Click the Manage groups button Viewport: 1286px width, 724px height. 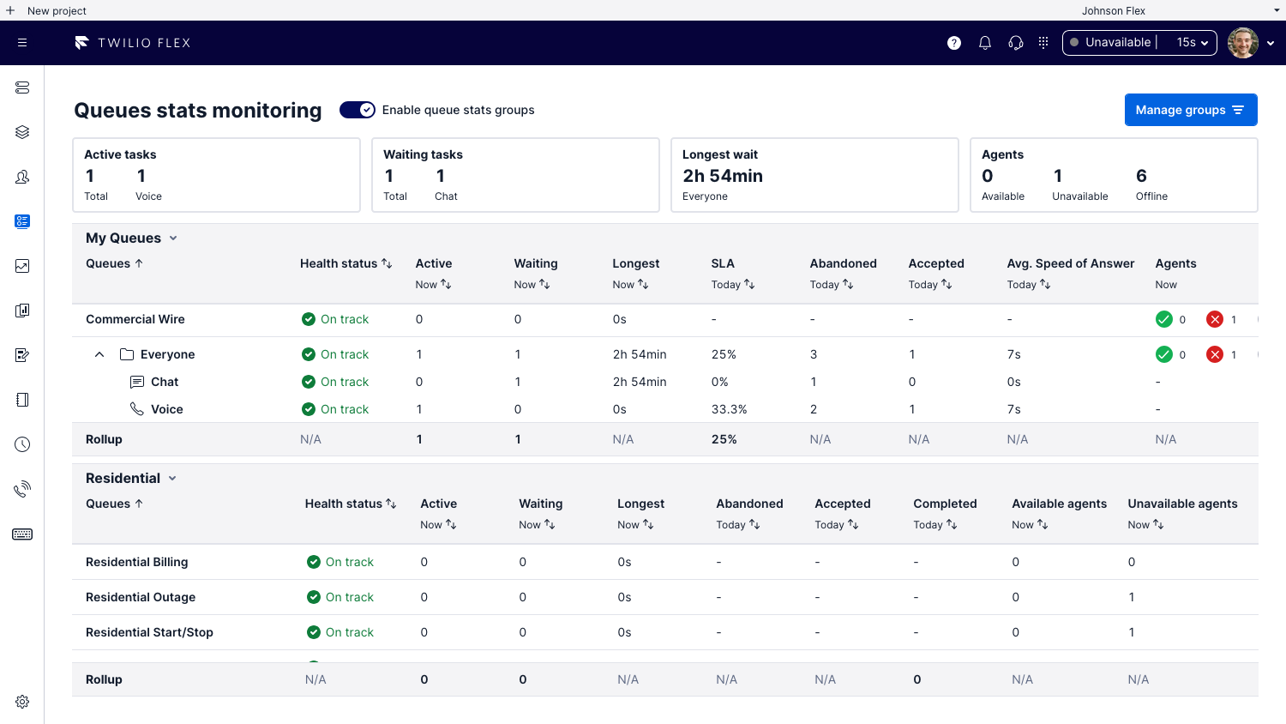[1190, 110]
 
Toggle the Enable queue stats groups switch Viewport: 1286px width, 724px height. [357, 110]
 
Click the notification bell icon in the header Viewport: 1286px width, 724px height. [985, 43]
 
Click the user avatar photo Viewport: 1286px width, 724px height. [1242, 43]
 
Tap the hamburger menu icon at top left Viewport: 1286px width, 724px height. [22, 43]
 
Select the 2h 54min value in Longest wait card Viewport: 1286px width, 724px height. [722, 176]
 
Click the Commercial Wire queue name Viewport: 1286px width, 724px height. [135, 319]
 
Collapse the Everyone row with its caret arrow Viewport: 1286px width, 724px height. [99, 354]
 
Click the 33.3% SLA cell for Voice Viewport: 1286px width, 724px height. [729, 409]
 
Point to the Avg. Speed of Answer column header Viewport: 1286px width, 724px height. [1070, 263]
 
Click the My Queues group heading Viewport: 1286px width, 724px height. [123, 238]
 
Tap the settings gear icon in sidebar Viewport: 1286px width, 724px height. [22, 702]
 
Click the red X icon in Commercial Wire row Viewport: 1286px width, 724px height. [1214, 319]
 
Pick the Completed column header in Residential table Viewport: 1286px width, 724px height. [945, 504]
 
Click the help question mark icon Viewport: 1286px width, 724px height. [954, 43]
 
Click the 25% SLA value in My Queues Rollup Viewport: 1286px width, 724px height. [724, 439]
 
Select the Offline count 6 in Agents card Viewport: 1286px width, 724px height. [1141, 176]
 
